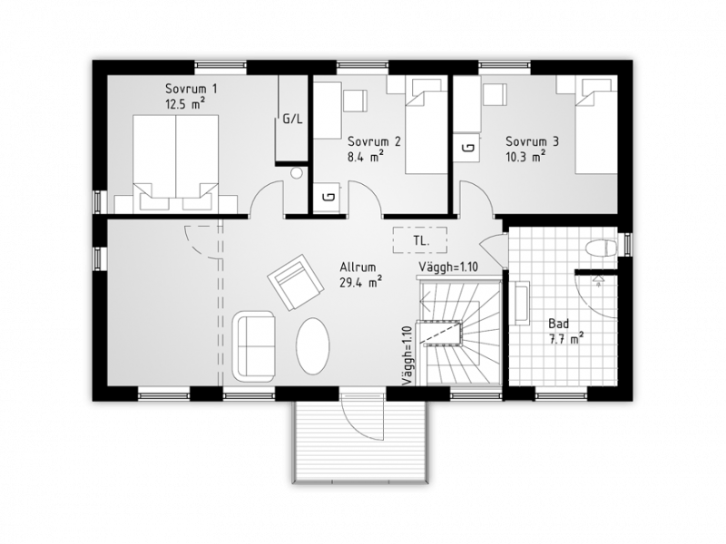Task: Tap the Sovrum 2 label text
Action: [x=374, y=141]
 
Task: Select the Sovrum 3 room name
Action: [x=532, y=141]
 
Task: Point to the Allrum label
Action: [x=358, y=267]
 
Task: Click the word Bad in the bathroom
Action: [x=559, y=324]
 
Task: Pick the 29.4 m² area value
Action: [x=360, y=282]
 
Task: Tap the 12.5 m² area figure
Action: [x=185, y=103]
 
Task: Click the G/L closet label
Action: [x=292, y=120]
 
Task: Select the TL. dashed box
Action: [x=420, y=240]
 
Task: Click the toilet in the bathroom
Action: [x=601, y=248]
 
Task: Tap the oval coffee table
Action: [x=313, y=345]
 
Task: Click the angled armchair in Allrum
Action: [x=296, y=282]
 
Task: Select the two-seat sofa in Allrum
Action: [x=254, y=346]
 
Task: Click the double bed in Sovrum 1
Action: [x=175, y=164]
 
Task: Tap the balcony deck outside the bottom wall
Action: [x=359, y=442]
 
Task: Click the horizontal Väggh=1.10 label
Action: [x=448, y=267]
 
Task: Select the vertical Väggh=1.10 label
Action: [x=407, y=355]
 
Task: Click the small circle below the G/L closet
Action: [x=297, y=173]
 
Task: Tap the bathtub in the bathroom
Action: [x=522, y=304]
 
